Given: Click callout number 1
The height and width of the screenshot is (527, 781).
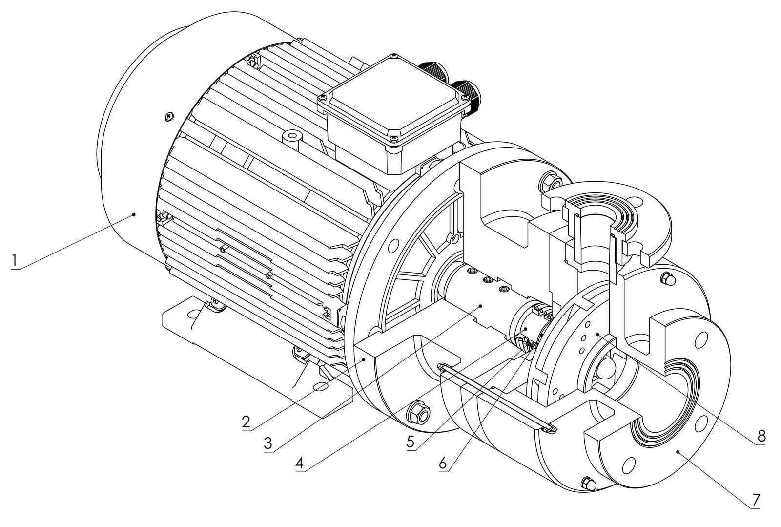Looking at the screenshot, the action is (14, 261).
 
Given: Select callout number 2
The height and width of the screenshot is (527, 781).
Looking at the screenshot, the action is (246, 422).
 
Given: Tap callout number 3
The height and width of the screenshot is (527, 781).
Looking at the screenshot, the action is (268, 443).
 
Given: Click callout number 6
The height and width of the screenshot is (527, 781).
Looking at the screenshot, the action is (443, 464).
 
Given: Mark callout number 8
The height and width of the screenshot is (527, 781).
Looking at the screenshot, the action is (761, 436).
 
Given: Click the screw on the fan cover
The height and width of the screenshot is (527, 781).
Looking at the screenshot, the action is (169, 116).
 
